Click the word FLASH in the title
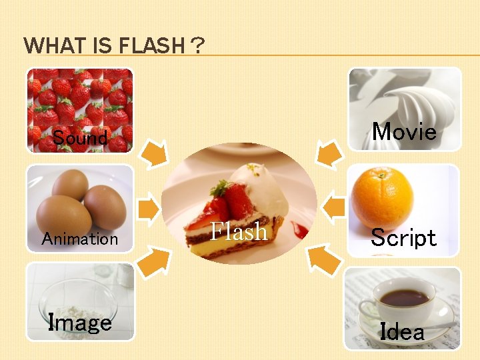coord(151,46)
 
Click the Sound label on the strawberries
coord(80,138)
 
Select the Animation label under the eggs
coord(79,239)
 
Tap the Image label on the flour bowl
coord(80,323)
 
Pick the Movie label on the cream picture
coord(404,131)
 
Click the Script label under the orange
coord(403,238)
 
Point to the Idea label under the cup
coord(402,331)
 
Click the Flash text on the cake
coord(239,231)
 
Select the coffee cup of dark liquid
coord(403,298)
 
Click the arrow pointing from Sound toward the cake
coord(155,153)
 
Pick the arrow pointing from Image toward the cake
coord(154,260)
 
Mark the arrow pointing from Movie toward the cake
coord(327,153)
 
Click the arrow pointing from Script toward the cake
coord(333,207)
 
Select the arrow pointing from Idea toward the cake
coord(324,260)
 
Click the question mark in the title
coord(197,46)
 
